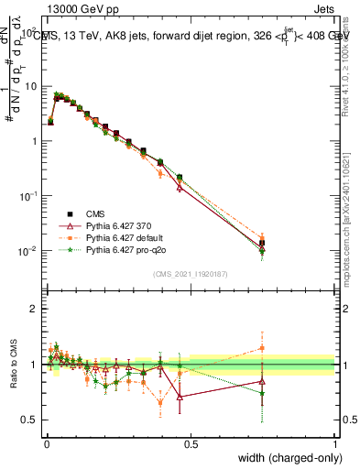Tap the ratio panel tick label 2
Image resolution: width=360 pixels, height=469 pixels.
click(x=36, y=309)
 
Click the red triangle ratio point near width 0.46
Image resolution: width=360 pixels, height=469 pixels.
click(x=180, y=397)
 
